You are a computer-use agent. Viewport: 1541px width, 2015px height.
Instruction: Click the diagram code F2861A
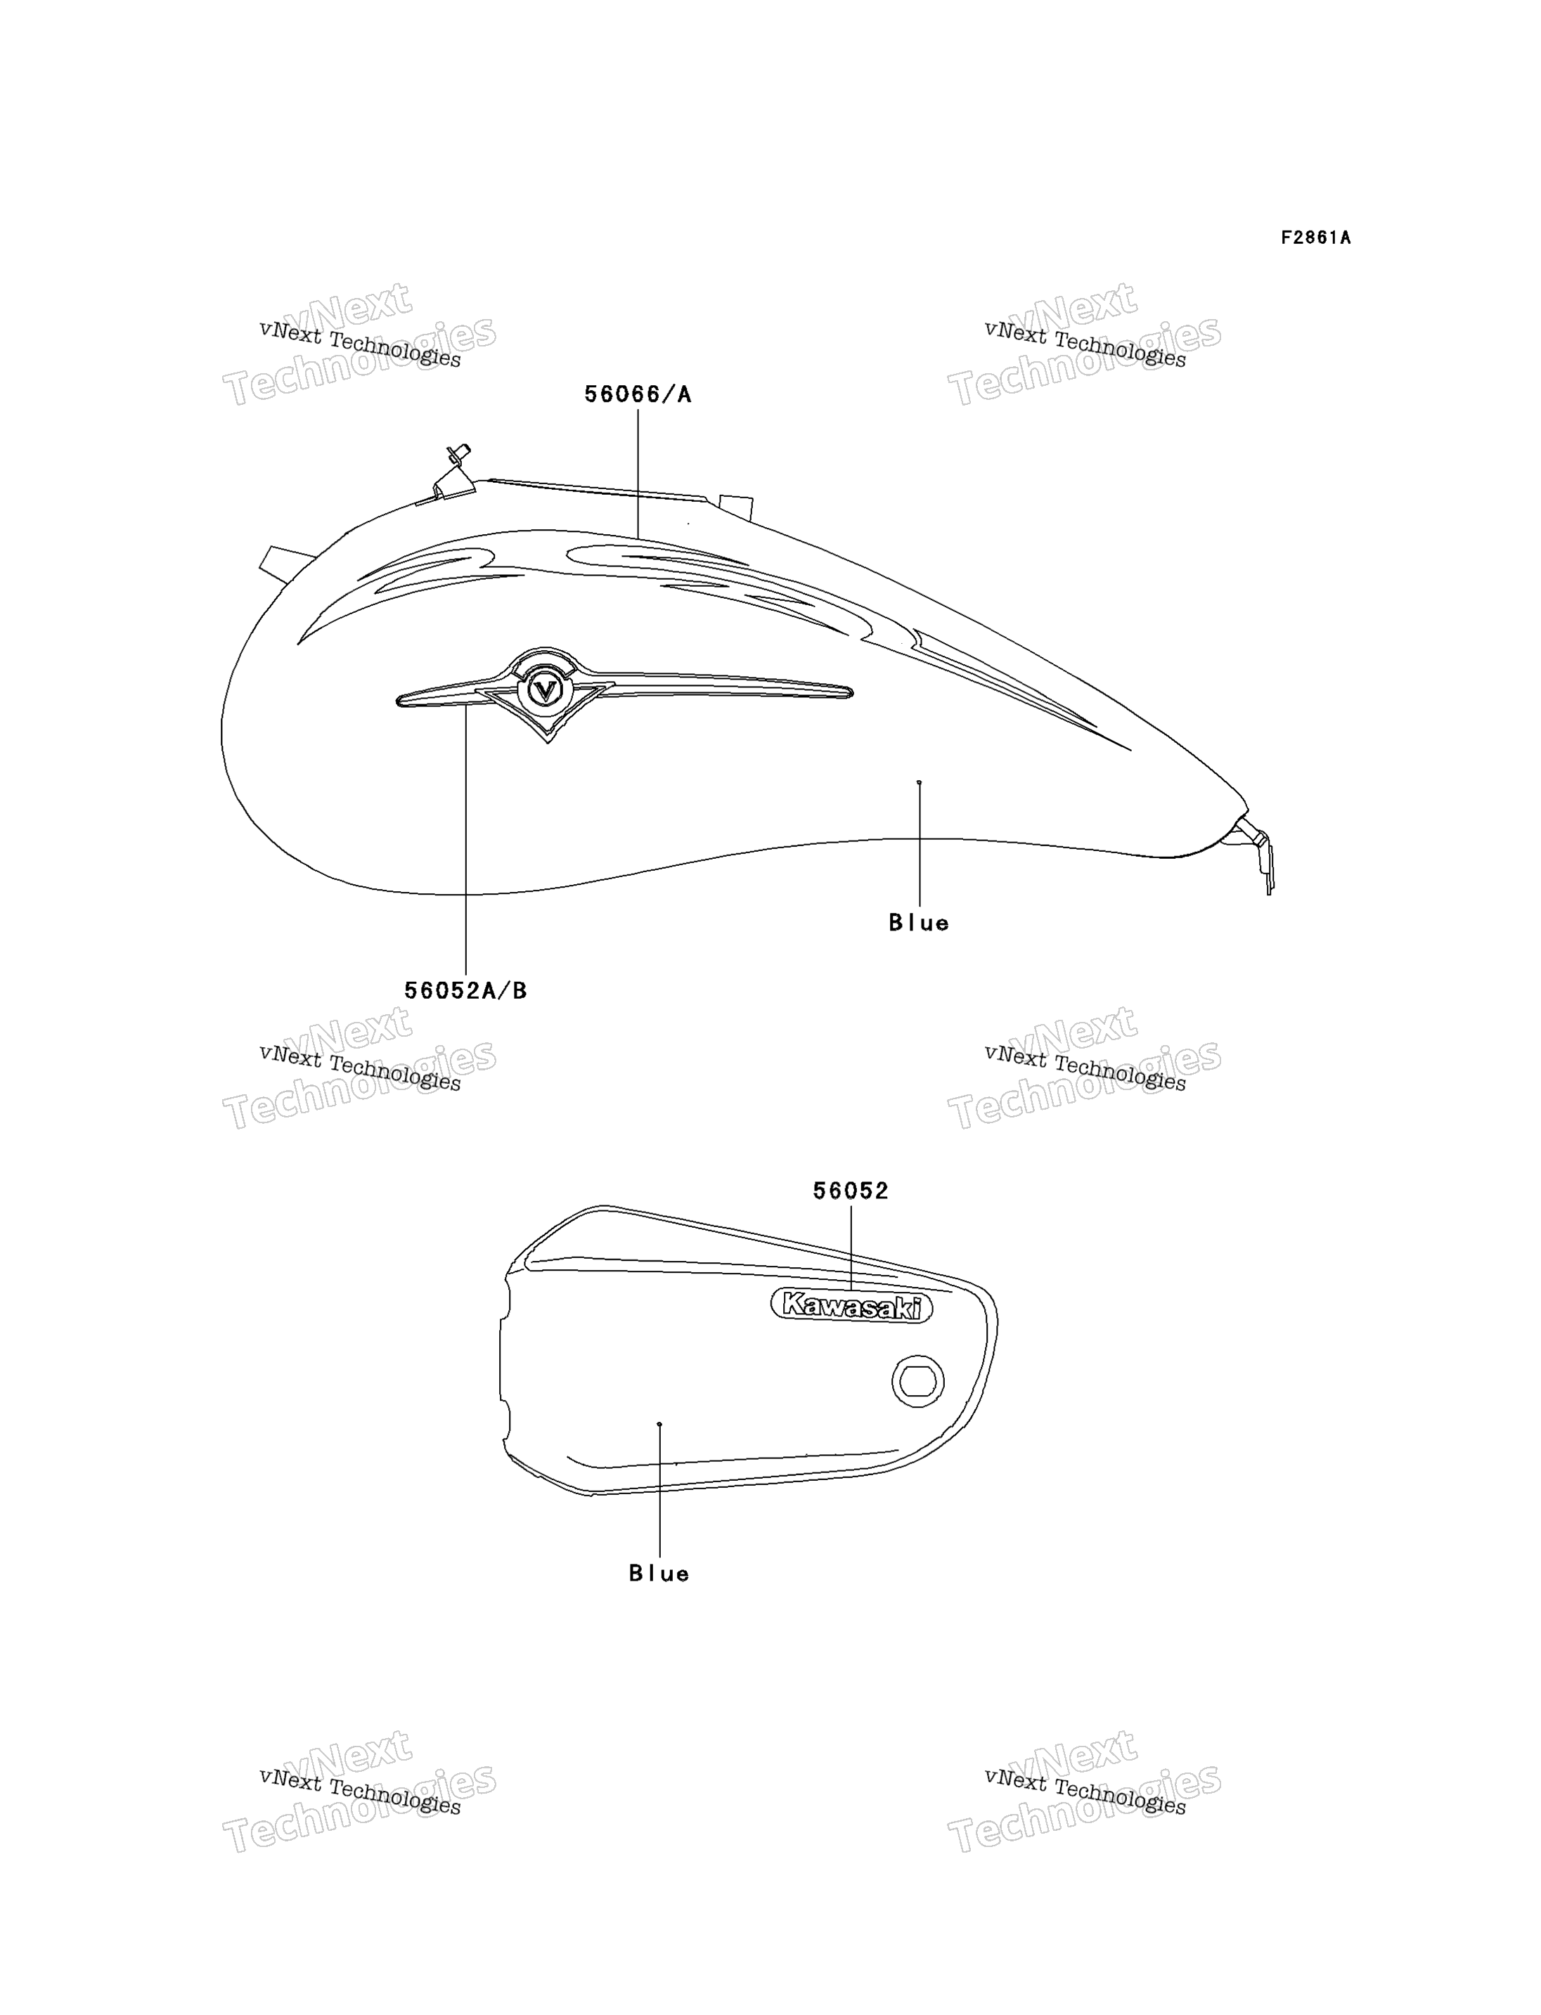pyautogui.click(x=1315, y=238)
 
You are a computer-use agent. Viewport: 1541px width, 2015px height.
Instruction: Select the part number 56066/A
pyautogui.click(x=638, y=394)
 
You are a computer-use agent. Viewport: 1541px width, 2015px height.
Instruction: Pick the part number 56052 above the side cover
pyautogui.click(x=851, y=1191)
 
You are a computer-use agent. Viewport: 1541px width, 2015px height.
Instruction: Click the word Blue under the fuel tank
pyautogui.click(x=918, y=923)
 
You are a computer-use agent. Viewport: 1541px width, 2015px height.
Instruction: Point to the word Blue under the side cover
pyautogui.click(x=659, y=1574)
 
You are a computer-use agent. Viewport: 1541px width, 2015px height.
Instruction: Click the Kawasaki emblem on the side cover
pyautogui.click(x=851, y=1306)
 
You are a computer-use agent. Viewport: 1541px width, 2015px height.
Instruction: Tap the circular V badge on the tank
pyautogui.click(x=545, y=689)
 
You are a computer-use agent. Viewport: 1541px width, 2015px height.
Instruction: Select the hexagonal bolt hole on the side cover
pyautogui.click(x=917, y=1380)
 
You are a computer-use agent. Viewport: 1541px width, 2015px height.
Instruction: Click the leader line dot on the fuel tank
pyautogui.click(x=919, y=782)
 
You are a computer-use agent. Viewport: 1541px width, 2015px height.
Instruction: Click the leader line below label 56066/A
pyautogui.click(x=638, y=473)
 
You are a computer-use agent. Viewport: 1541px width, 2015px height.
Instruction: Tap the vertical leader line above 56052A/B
pyautogui.click(x=466, y=839)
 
